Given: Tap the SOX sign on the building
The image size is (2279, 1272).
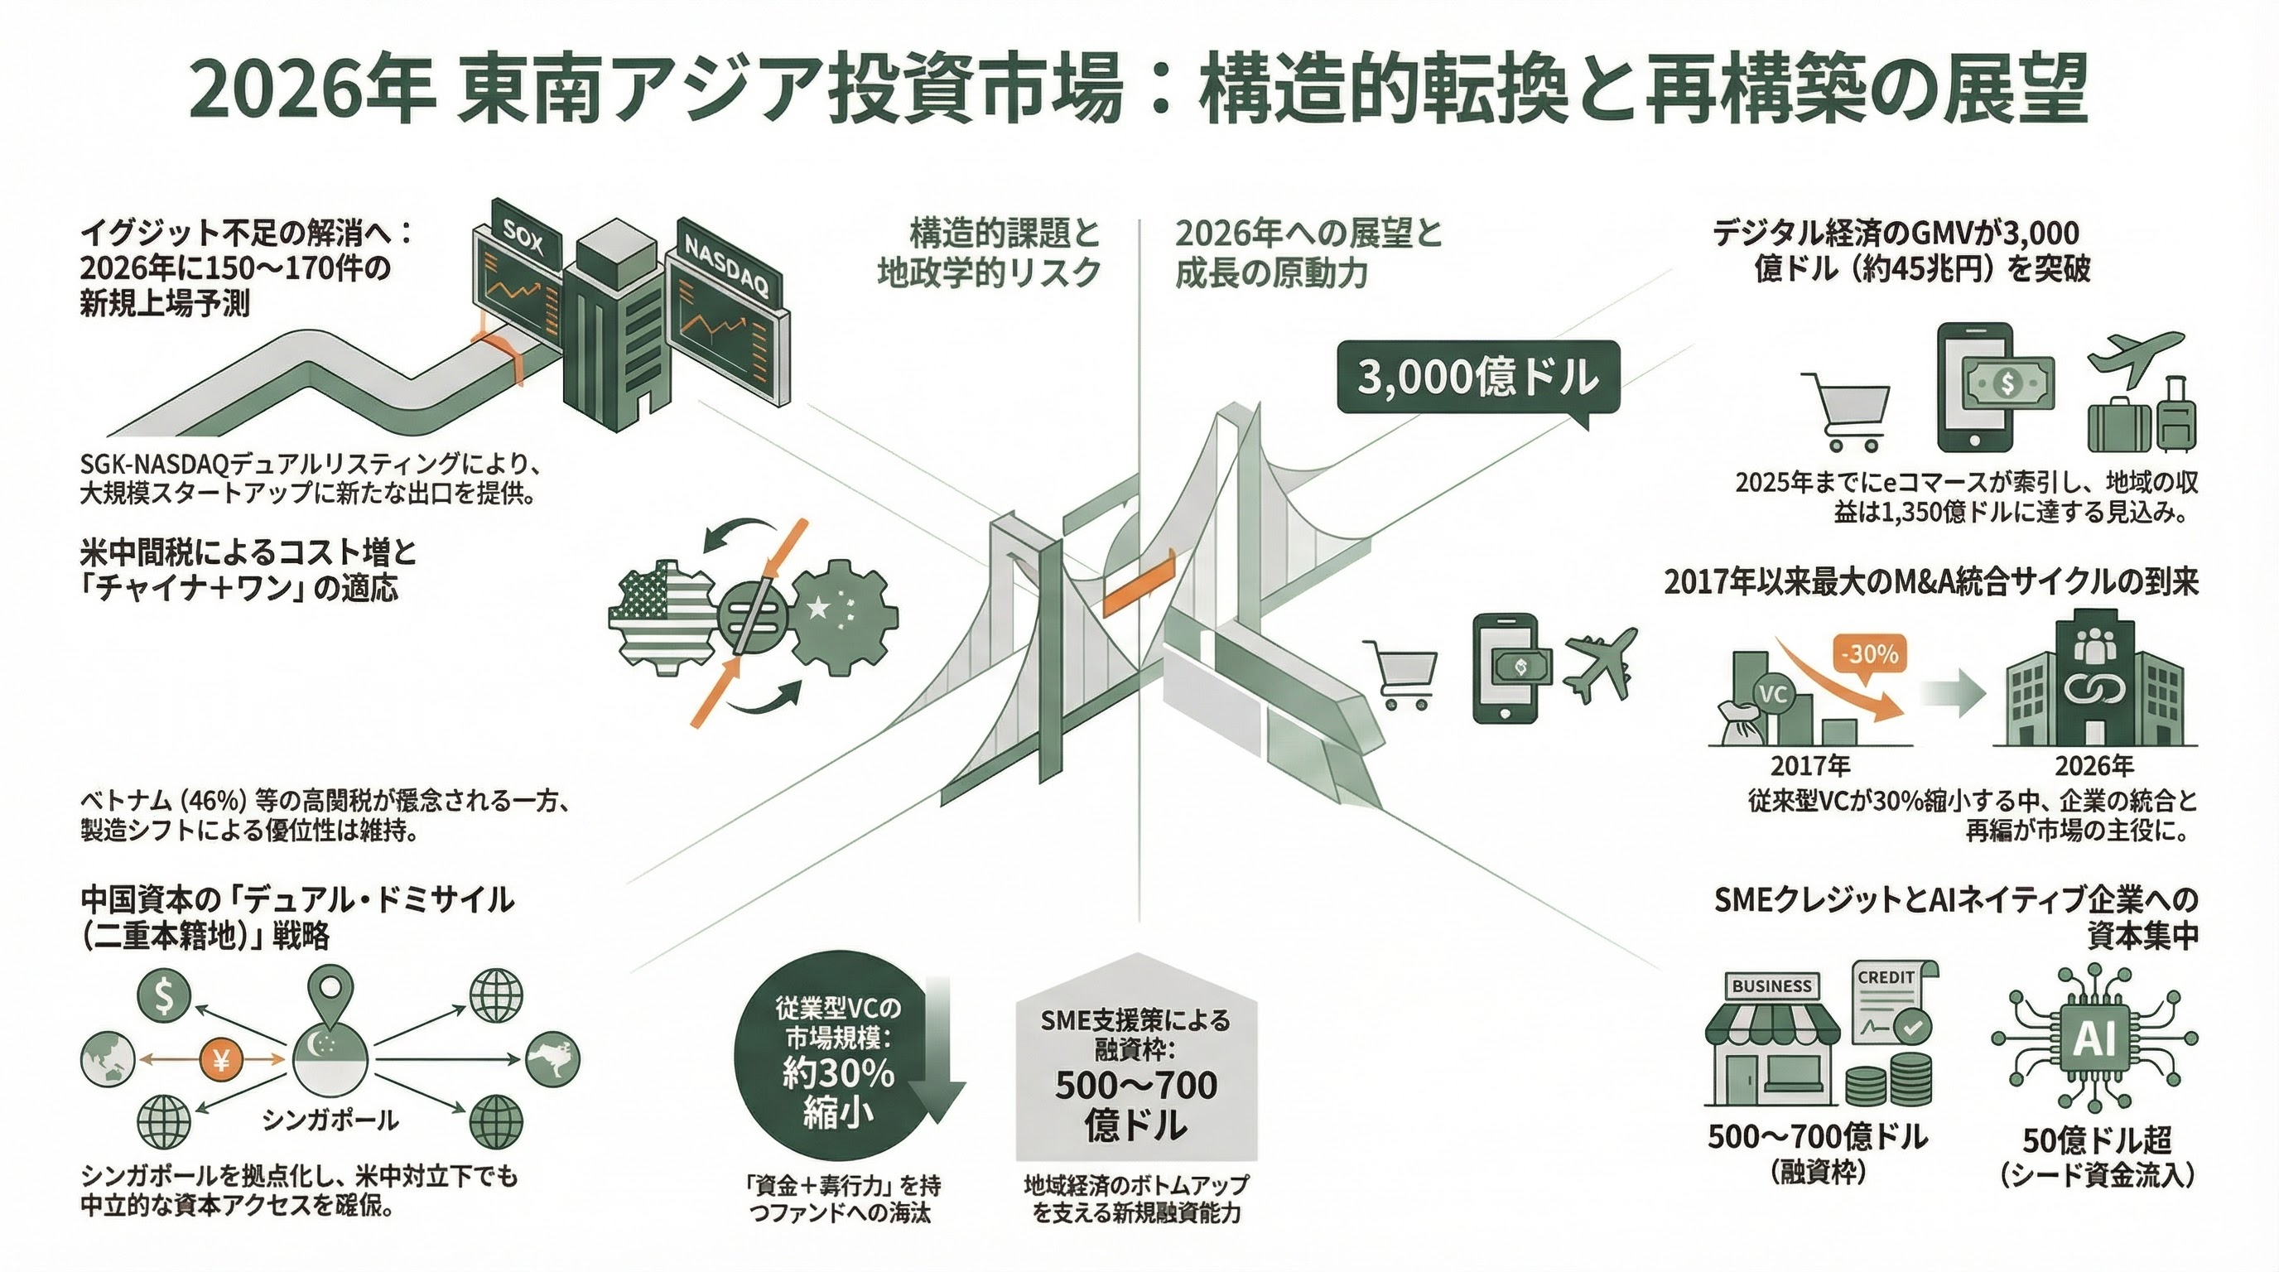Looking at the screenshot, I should coord(521,237).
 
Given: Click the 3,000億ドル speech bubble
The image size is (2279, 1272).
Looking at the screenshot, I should coord(1477,378).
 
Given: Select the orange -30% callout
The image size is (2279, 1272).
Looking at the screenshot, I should coord(1868,654).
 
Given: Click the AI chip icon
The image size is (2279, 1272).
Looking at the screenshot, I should coord(2094,1038).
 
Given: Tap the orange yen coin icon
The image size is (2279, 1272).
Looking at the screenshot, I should coord(221,1058).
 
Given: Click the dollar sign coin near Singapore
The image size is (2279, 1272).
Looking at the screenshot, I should coord(164,995).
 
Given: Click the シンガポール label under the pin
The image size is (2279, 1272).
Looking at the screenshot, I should coord(330,1120).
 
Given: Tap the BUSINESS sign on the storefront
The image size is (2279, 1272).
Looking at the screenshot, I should coord(1771,985).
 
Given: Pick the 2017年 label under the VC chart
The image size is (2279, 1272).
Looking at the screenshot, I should coord(1809,765).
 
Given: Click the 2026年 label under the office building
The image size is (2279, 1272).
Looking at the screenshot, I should coord(2093,765).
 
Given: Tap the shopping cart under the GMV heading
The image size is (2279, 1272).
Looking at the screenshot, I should coord(1844,412).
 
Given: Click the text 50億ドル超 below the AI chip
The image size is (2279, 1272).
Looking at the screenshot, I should coord(2097,1140).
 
